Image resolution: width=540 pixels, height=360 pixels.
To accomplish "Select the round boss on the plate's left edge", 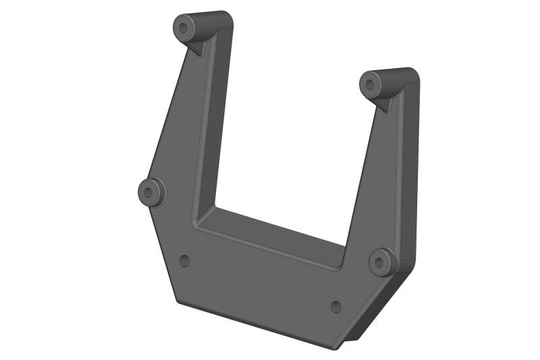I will point(151,192).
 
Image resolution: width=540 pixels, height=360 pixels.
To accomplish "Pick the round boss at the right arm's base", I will point(383,261).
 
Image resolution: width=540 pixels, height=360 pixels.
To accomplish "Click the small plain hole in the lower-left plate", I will point(184,261).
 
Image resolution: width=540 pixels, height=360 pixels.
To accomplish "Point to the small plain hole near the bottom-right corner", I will point(336,307).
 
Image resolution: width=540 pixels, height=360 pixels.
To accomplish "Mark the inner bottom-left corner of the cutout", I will point(196,223).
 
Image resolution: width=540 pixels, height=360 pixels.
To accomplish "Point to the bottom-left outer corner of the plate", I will point(178,301).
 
